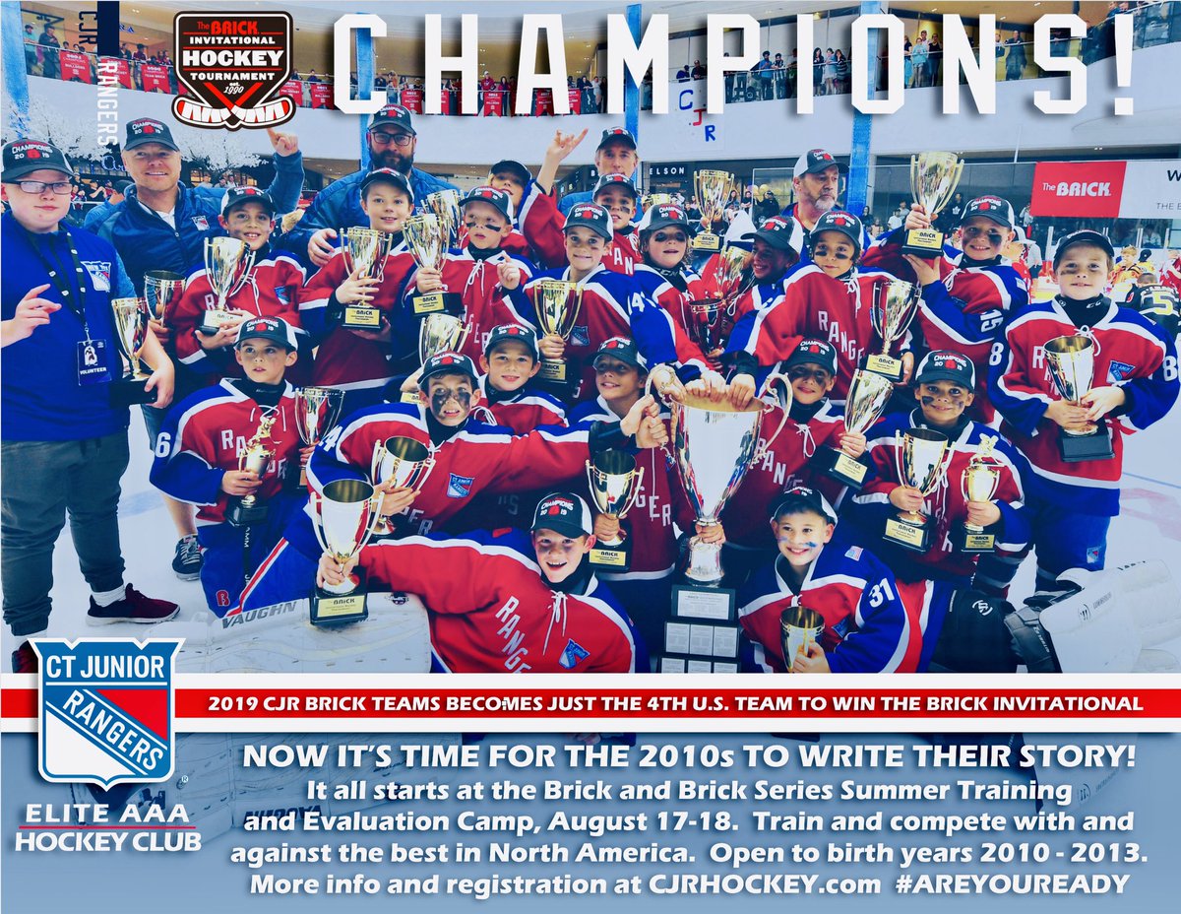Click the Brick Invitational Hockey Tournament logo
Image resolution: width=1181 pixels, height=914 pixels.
tap(232, 69)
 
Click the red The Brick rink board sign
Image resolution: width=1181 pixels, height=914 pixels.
tap(1078, 188)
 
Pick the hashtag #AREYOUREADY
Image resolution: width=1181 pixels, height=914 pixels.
tap(1012, 883)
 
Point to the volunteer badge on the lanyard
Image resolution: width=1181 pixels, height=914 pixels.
tap(93, 360)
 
